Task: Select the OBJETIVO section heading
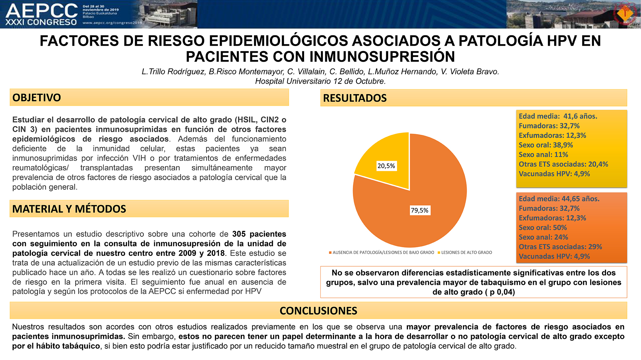coord(37,97)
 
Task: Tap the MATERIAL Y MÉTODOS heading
coord(69,209)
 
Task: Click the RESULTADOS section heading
coord(355,98)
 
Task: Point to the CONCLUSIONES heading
coord(318,311)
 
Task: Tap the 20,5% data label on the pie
coord(386,166)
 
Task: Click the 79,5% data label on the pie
coord(420,210)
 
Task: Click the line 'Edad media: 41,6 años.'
coord(558,116)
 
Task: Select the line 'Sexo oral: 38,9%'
coord(546,145)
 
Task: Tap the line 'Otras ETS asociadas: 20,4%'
coord(563,164)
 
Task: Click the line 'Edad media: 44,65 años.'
coord(559,199)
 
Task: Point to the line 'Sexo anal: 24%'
coord(544,237)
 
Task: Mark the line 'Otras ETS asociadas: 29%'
coord(560,247)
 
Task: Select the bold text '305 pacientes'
coord(259,234)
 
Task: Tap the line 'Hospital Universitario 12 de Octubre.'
coord(320,81)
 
